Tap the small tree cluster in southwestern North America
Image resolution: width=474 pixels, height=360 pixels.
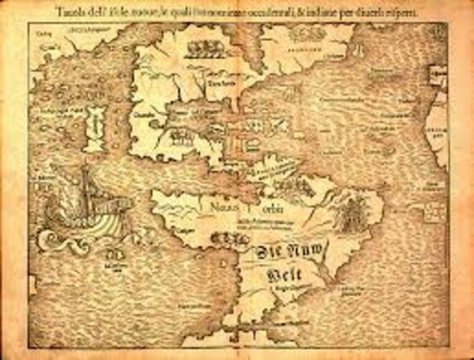(x=180, y=136)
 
